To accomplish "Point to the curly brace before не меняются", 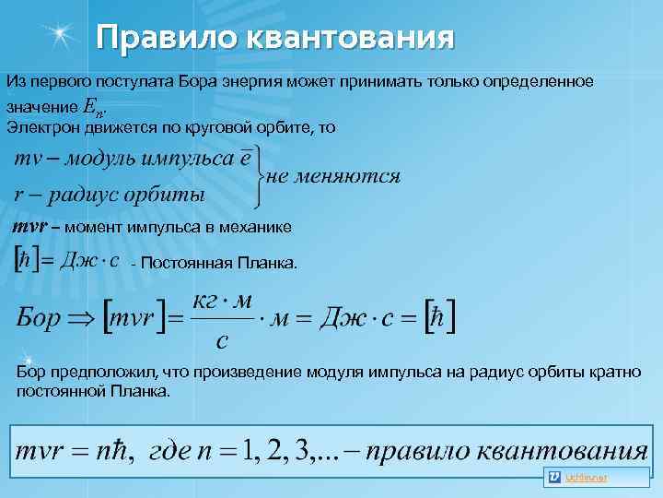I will click(258, 174).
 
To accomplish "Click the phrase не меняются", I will click(333, 175).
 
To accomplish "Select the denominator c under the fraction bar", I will click(222, 342).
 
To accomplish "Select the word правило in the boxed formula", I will click(432, 452).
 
